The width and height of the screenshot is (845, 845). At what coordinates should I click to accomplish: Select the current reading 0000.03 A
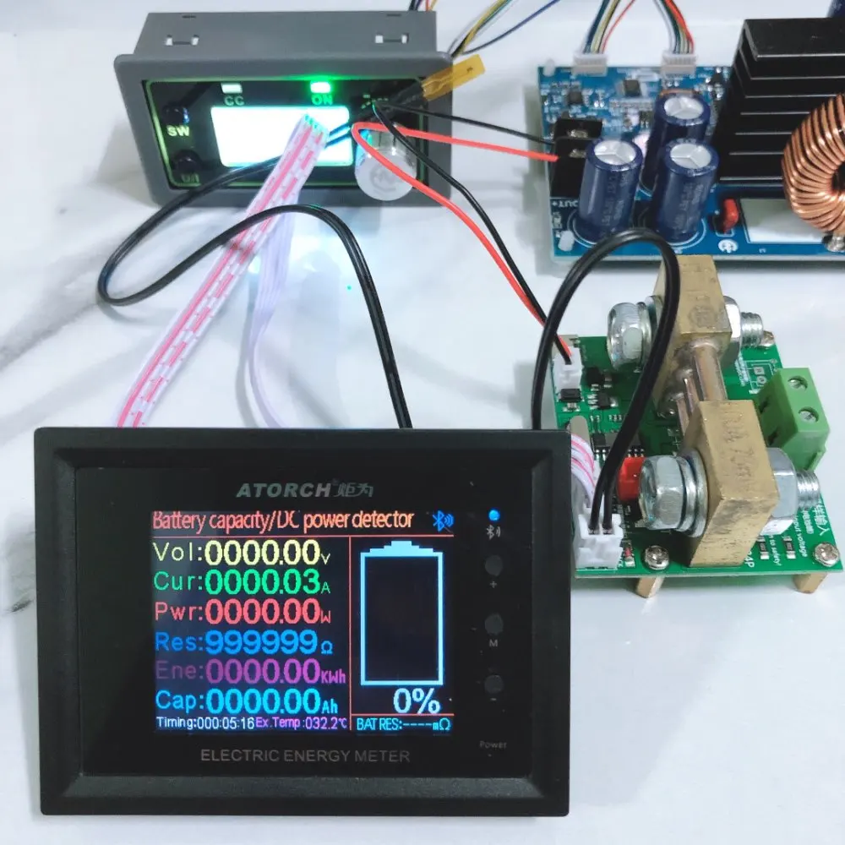(x=262, y=582)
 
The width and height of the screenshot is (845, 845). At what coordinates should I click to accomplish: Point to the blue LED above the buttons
(x=493, y=515)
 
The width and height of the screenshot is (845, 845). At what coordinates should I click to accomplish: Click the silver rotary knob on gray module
(x=384, y=168)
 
